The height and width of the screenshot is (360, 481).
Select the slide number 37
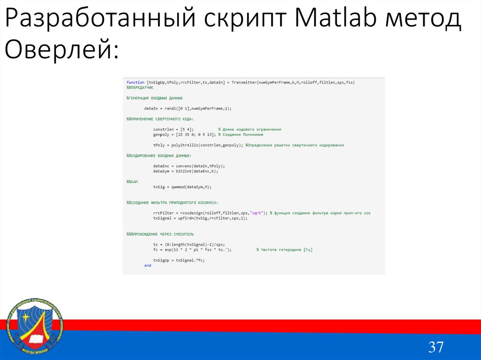pyautogui.click(x=435, y=347)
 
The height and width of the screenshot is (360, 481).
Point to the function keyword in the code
pyautogui.click(x=135, y=82)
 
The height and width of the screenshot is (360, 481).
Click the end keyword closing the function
pyautogui.click(x=147, y=265)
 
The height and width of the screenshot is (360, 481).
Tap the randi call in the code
pyautogui.click(x=171, y=108)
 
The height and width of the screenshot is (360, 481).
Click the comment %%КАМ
pyautogui.click(x=132, y=182)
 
